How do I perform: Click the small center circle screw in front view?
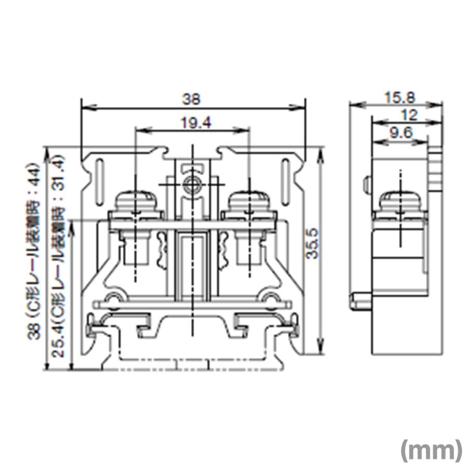192,185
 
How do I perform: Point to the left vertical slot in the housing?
99,183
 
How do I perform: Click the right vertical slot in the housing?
285,183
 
